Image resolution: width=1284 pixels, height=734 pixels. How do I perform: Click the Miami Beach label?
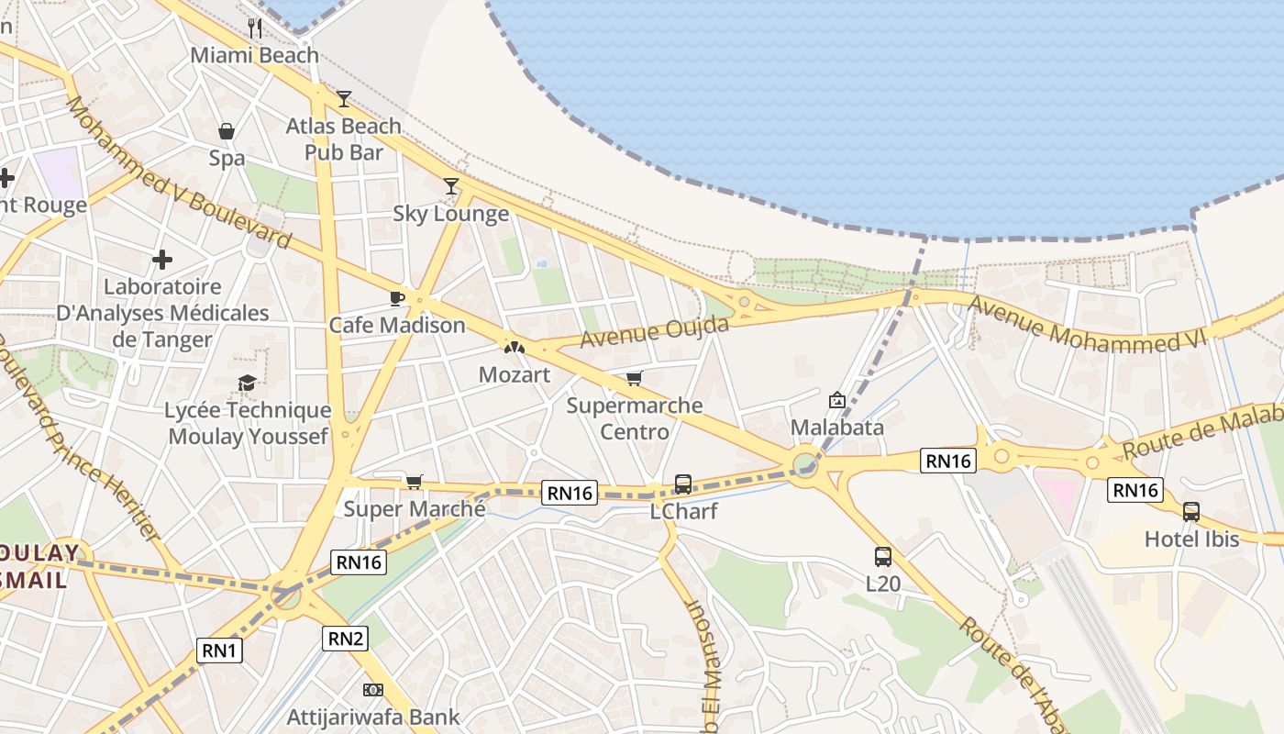pyautogui.click(x=255, y=55)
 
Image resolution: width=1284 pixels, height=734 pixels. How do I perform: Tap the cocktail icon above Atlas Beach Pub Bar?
pyautogui.click(x=344, y=98)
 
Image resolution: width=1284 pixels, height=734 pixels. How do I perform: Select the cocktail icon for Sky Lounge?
pyautogui.click(x=450, y=186)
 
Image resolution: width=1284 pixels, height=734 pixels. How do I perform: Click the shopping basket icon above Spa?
pyautogui.click(x=227, y=131)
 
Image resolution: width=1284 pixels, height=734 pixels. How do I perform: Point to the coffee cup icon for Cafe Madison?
pyautogui.click(x=397, y=298)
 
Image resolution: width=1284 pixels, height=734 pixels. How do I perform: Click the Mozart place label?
pyautogui.click(x=515, y=374)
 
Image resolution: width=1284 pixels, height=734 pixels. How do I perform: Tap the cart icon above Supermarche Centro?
pyautogui.click(x=634, y=378)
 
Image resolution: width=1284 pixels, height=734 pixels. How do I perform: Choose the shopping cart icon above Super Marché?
pyautogui.click(x=415, y=482)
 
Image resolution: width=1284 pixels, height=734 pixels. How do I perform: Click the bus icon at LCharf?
pyautogui.click(x=683, y=484)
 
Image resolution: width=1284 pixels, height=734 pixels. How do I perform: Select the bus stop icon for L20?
pyautogui.click(x=883, y=557)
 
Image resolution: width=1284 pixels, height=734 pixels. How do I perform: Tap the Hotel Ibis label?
pyautogui.click(x=1191, y=539)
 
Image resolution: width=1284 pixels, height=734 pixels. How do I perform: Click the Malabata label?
pyautogui.click(x=837, y=428)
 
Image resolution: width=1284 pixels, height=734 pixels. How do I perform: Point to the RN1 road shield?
pyautogui.click(x=219, y=651)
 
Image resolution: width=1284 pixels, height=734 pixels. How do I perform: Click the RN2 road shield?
pyautogui.click(x=345, y=639)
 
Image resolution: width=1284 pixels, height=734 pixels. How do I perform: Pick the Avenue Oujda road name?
pyautogui.click(x=655, y=333)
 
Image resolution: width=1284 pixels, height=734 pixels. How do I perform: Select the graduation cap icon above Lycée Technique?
pyautogui.click(x=247, y=383)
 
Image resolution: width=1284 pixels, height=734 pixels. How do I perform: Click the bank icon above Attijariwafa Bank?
pyautogui.click(x=373, y=689)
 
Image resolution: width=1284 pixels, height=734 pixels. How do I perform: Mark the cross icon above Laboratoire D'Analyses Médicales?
pyautogui.click(x=162, y=260)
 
